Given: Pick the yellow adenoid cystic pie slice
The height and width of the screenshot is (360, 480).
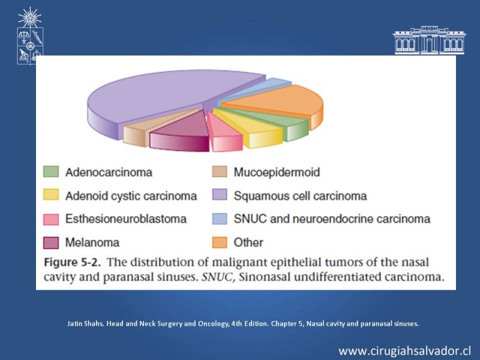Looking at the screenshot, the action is (x=254, y=128).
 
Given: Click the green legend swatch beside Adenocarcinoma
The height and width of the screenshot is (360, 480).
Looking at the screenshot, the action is (x=51, y=172).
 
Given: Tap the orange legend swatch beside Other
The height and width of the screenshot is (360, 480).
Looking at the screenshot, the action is (x=220, y=242).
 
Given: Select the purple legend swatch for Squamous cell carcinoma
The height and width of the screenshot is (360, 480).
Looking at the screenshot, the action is (x=220, y=195).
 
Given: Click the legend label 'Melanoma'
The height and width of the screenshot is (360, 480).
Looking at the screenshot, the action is (x=92, y=242).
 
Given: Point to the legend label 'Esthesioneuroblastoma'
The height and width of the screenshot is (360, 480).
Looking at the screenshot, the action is (x=126, y=219).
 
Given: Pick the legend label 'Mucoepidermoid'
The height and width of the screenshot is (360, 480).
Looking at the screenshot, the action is (x=277, y=172).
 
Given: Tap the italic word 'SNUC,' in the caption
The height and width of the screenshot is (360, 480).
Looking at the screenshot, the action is (x=218, y=277).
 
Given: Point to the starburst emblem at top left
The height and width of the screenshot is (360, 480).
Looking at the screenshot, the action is (x=29, y=17).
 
